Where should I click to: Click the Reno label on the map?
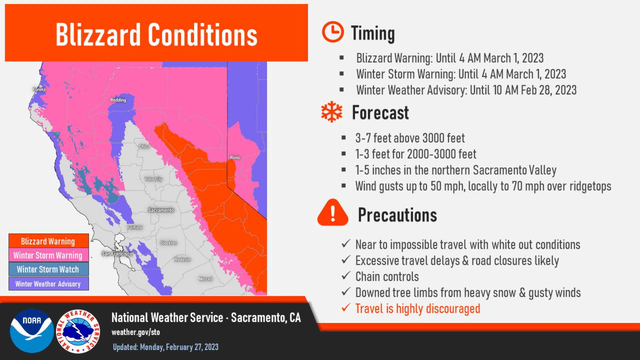[x=235, y=157]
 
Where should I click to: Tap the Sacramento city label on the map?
[x=161, y=210]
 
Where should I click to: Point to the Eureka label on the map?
[x=39, y=89]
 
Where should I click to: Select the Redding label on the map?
[x=118, y=100]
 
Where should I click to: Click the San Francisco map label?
[x=117, y=254]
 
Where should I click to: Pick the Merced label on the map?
[x=205, y=279]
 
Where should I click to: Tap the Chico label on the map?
[x=144, y=146]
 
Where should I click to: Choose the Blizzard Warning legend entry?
[x=49, y=241]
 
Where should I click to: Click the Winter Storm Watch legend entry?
[x=49, y=269]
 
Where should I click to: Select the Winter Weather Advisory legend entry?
[x=49, y=284]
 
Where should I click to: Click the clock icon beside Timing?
[x=333, y=32]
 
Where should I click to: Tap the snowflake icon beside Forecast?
[x=332, y=112]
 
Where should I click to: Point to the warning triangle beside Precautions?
[x=333, y=213]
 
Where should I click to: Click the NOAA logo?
[x=32, y=331]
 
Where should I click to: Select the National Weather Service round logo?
[x=78, y=331]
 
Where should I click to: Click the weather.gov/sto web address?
[x=136, y=332]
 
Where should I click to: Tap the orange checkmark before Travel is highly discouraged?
[x=346, y=307]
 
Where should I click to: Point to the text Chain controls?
[x=387, y=277]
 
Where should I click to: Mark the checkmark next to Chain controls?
[x=346, y=275]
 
